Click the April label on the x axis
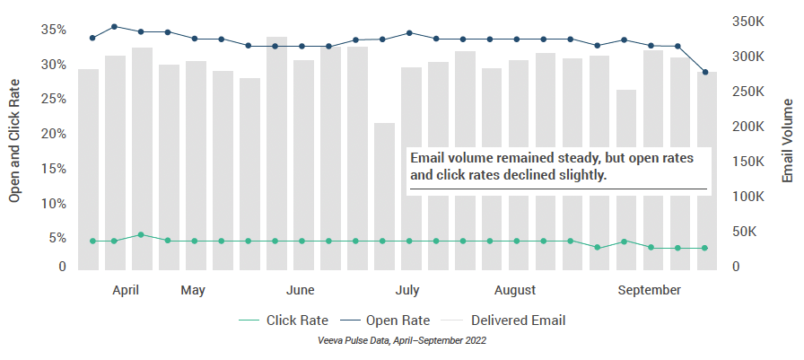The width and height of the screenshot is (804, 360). (x=126, y=290)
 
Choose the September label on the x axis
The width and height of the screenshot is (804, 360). (x=648, y=290)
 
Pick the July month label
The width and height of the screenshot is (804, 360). (x=407, y=290)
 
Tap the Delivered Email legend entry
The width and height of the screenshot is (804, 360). (x=518, y=320)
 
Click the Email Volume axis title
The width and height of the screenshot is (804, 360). (x=788, y=141)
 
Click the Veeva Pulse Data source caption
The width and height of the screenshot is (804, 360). (x=401, y=341)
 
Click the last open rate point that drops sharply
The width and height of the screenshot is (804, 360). (x=705, y=72)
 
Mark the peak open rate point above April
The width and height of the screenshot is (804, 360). (x=114, y=27)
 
